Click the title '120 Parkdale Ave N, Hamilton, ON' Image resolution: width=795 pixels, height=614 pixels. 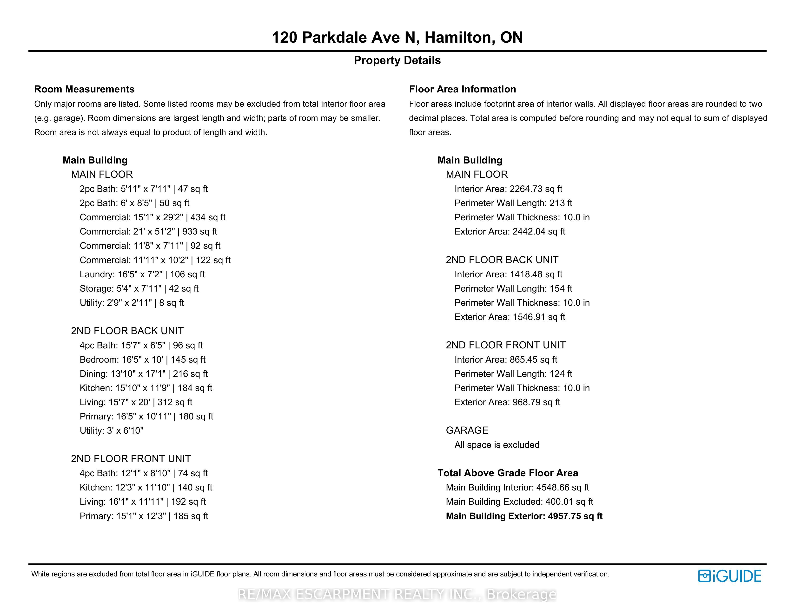397,38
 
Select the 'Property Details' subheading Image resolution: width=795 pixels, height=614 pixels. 397,60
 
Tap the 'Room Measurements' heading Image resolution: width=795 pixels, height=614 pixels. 85,89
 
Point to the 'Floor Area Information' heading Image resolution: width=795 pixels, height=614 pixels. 462,89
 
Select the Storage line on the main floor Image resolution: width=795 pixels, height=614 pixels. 139,288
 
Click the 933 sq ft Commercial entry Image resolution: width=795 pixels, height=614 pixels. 148,231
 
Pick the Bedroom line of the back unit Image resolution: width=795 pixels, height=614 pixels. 143,359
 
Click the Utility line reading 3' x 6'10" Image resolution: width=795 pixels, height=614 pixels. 111,431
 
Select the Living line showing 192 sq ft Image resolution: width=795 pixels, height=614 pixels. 143,502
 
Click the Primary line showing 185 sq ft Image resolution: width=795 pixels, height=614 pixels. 144,516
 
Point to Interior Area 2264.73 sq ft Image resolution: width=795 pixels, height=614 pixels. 508,189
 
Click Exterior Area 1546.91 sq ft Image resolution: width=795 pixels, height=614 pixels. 510,317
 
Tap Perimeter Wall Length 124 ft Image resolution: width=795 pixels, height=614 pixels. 513,373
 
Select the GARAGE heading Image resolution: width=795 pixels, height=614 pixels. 467,430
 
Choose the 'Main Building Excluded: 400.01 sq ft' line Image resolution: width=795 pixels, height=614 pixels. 519,502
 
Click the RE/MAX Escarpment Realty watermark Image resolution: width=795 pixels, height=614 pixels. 397,594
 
